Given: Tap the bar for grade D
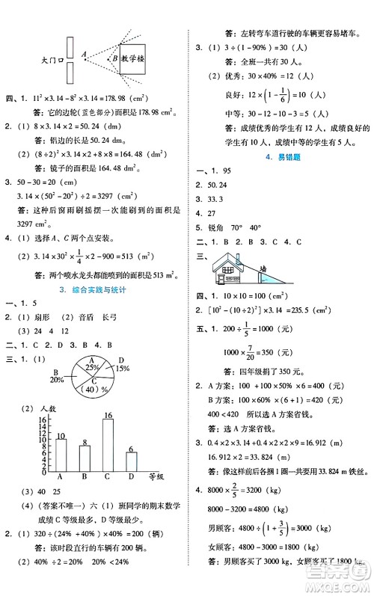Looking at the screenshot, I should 132,462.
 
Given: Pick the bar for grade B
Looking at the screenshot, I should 85,458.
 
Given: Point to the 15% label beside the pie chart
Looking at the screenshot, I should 122,368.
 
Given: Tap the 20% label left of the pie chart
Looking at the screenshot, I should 56,380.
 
